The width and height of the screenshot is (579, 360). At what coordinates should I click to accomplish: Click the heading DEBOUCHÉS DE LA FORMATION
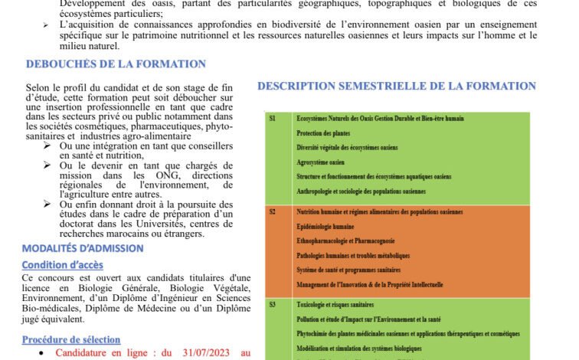116,64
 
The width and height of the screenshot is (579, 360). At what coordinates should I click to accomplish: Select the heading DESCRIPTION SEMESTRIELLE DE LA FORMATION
397,86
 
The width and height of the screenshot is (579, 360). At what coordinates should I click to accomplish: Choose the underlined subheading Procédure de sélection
70,339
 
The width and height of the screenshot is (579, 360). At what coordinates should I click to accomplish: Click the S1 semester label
272,119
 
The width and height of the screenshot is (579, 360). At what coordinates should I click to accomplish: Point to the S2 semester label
273,211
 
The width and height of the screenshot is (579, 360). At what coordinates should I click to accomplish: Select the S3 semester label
273,304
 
